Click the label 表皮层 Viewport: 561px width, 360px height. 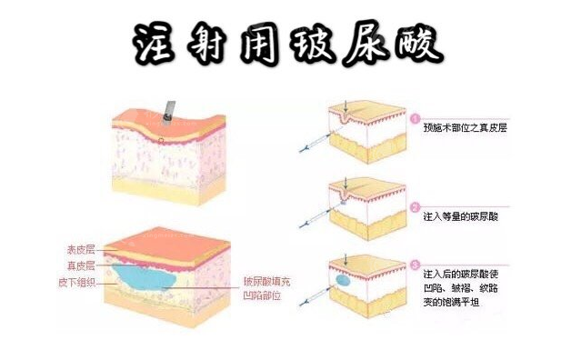click(84, 249)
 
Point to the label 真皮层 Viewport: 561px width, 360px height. click(84, 265)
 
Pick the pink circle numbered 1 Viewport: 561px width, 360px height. click(415, 118)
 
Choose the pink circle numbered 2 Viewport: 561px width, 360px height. click(415, 206)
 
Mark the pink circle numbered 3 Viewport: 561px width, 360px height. click(415, 264)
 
